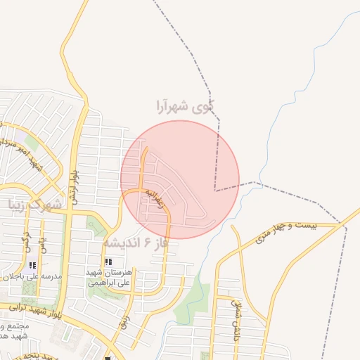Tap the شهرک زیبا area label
click(x=34, y=205)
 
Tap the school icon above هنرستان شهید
click(x=108, y=262)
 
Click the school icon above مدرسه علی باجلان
click(x=32, y=265)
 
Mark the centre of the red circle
click(x=180, y=179)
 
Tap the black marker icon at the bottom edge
click(x=108, y=357)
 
